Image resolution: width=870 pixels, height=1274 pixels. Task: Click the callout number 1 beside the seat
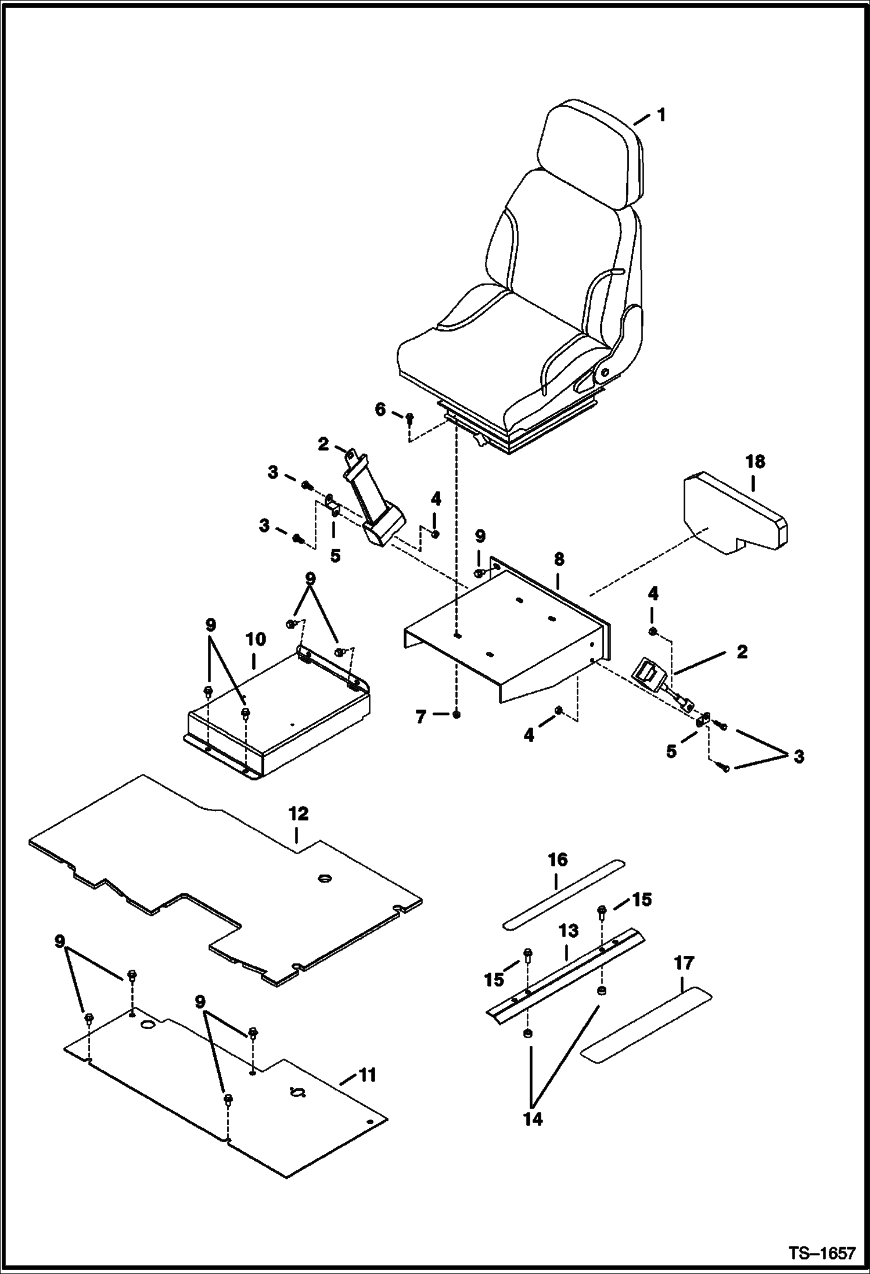tap(660, 115)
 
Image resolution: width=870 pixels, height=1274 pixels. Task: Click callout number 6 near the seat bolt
tap(380, 409)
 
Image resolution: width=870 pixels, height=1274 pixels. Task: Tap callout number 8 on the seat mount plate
tap(558, 560)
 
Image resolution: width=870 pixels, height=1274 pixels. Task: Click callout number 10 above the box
tap(255, 640)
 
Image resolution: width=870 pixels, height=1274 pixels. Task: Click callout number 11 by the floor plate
tap(367, 1075)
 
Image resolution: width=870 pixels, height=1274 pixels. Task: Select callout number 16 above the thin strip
tap(558, 860)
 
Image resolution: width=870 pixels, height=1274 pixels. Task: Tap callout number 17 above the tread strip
tap(684, 963)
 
